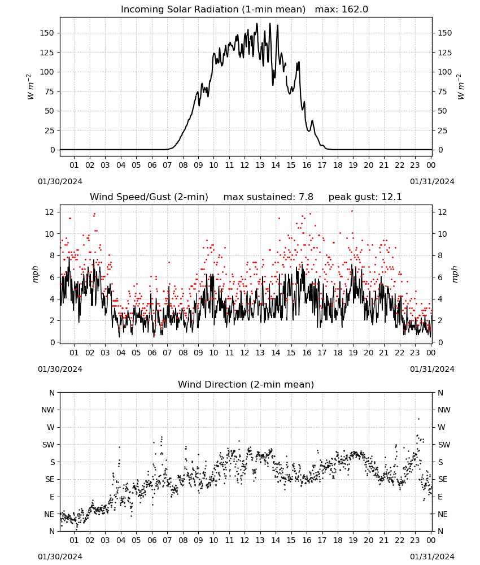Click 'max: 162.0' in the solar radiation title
[342, 9]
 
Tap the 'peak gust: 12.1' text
[365, 197]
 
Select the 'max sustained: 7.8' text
[268, 197]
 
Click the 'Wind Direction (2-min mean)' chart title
[246, 384]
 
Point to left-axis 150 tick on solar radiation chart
[47, 33]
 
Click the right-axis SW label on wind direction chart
[444, 445]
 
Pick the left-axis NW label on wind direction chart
[48, 410]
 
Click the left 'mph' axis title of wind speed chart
[35, 274]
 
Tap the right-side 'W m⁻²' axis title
[461, 87]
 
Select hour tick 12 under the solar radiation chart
[245, 165]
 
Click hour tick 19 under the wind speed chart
[353, 353]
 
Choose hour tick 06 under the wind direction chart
[151, 540]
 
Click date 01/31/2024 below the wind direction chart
[432, 557]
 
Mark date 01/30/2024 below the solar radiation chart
[60, 181]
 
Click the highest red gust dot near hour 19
[352, 211]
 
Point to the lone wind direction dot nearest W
[418, 419]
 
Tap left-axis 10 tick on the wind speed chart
[50, 234]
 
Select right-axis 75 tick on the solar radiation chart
[442, 92]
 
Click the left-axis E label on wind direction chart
[52, 497]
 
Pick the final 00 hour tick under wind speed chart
[431, 353]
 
